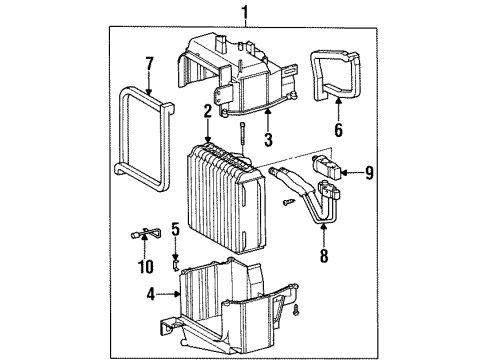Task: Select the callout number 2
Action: tap(206, 112)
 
